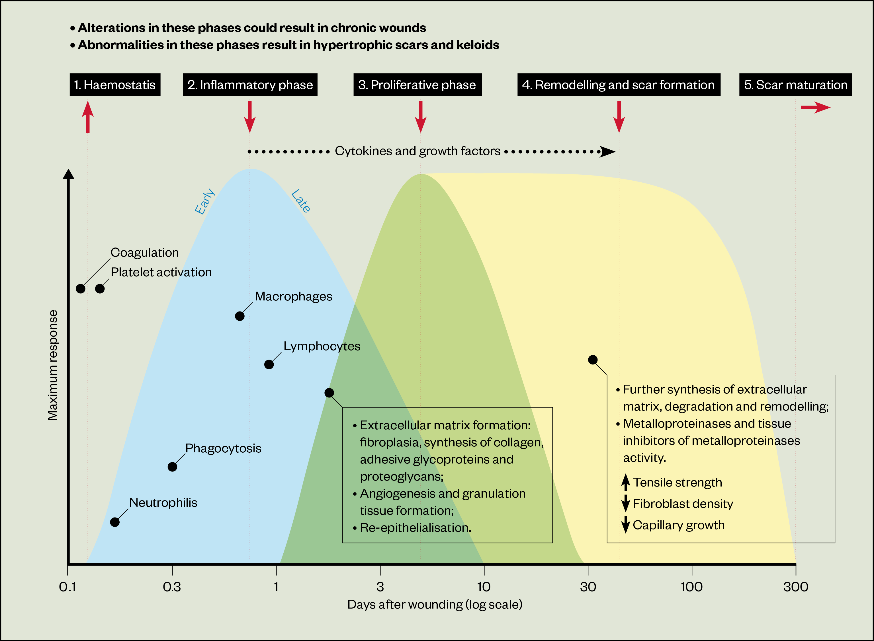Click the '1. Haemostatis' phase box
coord(115,84)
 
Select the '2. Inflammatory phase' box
coord(250,84)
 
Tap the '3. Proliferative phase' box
coord(417,84)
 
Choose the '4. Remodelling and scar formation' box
coord(619,84)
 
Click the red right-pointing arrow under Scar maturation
coord(815,108)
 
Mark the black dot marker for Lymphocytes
coord(269,364)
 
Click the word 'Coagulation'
coord(144,253)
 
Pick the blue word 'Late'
coord(301,201)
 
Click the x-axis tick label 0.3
coord(172,586)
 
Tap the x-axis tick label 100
coord(691,586)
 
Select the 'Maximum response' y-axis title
coord(52,365)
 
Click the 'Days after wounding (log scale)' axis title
coord(435,604)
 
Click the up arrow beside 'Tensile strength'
coord(625,482)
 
